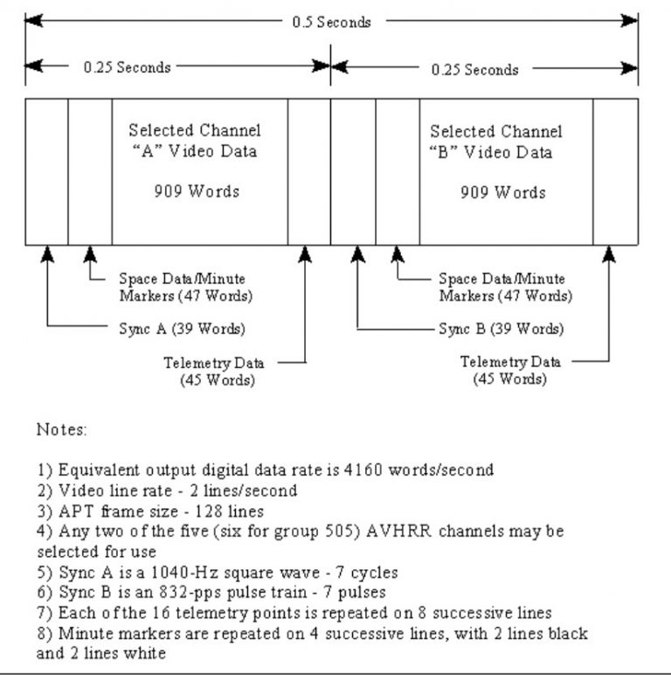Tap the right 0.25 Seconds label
click(476, 69)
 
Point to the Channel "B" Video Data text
click(497, 142)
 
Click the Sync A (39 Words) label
click(182, 329)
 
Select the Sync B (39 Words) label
click(502, 330)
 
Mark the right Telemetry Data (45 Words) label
click(511, 370)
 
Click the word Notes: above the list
click(60, 431)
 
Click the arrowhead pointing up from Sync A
click(47, 254)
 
